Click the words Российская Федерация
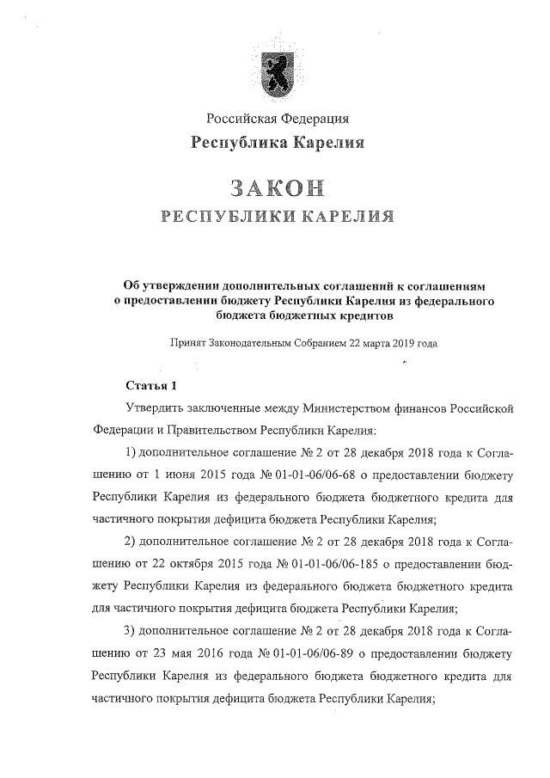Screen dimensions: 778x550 (x=276, y=118)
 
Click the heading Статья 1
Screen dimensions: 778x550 (x=151, y=383)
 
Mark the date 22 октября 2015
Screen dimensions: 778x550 (x=180, y=565)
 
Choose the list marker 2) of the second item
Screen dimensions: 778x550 (x=131, y=542)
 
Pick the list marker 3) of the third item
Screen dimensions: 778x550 (x=131, y=633)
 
